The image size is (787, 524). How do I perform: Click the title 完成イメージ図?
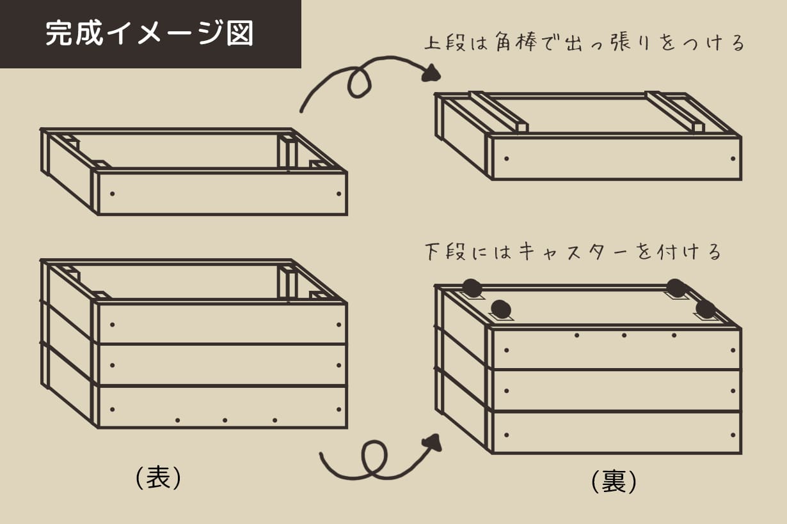coord(150,34)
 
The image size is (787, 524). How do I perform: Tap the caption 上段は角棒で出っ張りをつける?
coord(584,44)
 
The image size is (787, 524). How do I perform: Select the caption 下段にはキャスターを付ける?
coord(573,252)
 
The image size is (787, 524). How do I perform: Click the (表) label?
coord(159,477)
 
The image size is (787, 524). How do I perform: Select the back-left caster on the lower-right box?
coord(472,288)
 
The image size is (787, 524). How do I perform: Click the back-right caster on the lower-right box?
coord(676,288)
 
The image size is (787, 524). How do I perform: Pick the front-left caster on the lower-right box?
coord(501,310)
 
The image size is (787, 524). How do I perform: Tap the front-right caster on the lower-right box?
coord(705,310)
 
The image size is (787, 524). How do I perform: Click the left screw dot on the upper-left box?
coord(113,193)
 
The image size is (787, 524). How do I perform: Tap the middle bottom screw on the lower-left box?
coord(225,420)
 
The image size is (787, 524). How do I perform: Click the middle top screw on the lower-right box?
coord(624,335)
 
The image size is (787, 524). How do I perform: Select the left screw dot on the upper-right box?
coord(506,158)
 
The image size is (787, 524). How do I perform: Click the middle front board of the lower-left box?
coord(221,365)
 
